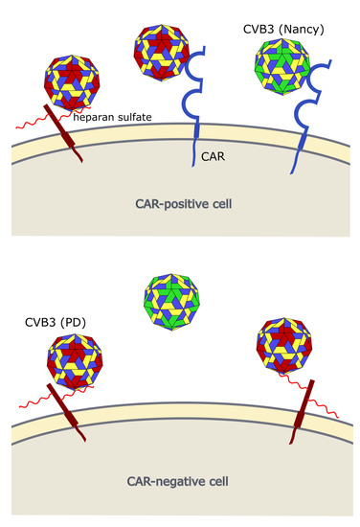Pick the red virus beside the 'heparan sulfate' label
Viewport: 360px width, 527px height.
coord(70,87)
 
